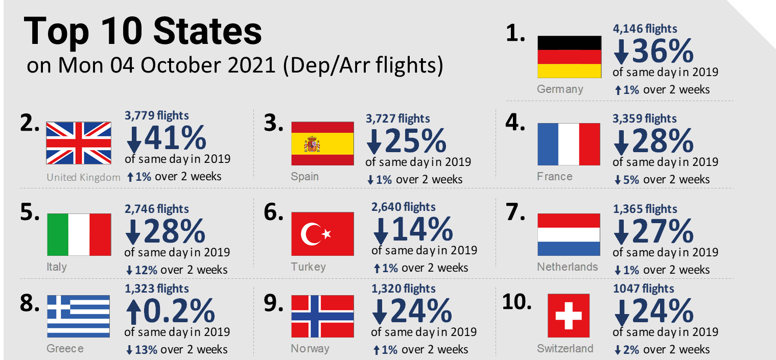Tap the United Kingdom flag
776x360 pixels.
(x=79, y=143)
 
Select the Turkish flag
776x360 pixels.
(x=322, y=234)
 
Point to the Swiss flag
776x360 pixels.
(x=569, y=315)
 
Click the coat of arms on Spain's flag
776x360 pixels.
(x=311, y=145)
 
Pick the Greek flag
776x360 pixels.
(x=79, y=316)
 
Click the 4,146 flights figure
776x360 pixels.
(x=645, y=29)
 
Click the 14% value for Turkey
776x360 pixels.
(x=421, y=229)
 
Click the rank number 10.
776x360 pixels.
(x=517, y=302)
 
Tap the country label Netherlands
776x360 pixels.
(x=567, y=267)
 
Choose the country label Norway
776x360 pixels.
(x=310, y=349)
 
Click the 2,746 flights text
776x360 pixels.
(x=157, y=209)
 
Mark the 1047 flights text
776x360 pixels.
(x=643, y=289)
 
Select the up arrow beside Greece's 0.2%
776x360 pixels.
(x=134, y=311)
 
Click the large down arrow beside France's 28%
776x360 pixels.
(x=621, y=142)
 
